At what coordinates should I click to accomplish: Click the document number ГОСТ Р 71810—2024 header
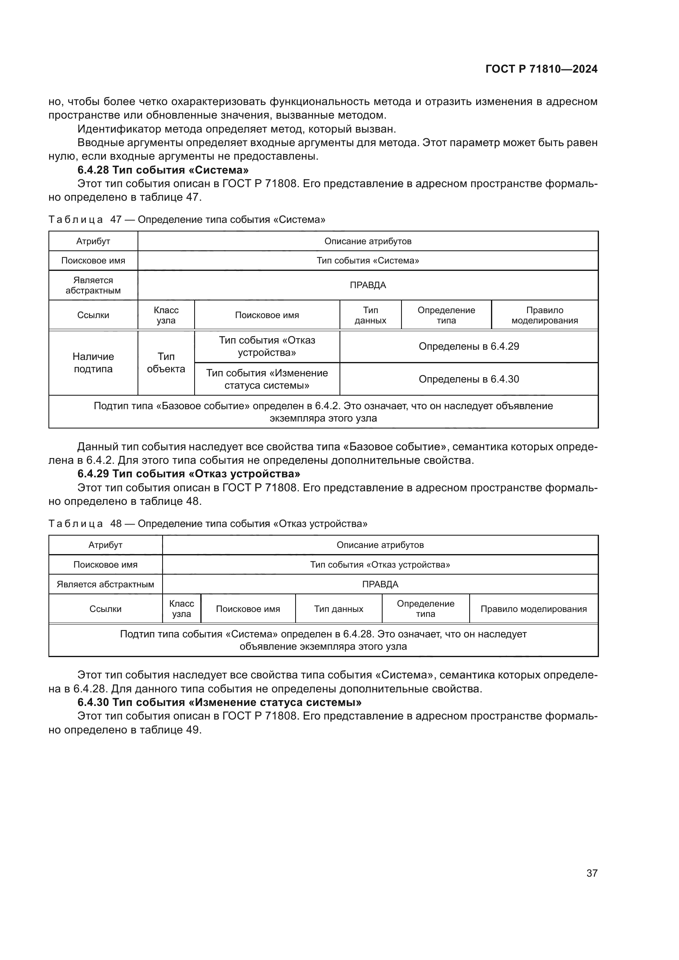click(x=541, y=69)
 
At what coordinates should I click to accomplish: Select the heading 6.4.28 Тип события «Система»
click(x=163, y=170)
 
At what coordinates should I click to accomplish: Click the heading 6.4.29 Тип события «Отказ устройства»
click(x=188, y=474)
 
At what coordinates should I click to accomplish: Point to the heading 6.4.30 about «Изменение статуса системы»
click(x=220, y=702)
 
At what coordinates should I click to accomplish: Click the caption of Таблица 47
click(x=187, y=220)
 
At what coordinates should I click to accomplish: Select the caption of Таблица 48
click(x=208, y=523)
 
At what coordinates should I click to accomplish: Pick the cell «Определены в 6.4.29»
click(x=469, y=346)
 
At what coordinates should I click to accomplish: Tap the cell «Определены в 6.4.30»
click(x=469, y=379)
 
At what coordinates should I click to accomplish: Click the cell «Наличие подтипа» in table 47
click(x=93, y=362)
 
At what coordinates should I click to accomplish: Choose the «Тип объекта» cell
click(x=166, y=362)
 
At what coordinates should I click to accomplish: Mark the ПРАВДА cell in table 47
click(x=368, y=285)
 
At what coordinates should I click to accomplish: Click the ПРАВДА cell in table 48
click(x=380, y=584)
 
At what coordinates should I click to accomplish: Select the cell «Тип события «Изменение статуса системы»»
click(x=267, y=379)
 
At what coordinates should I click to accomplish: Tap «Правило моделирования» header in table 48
click(x=534, y=609)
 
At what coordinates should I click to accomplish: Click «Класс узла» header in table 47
click(x=166, y=315)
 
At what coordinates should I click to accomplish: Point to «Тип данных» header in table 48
click(x=339, y=609)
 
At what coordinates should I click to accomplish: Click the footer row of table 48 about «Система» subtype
click(x=323, y=640)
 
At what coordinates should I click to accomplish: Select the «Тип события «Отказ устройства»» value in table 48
click(x=380, y=564)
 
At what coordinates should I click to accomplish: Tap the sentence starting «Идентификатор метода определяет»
click(x=236, y=129)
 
